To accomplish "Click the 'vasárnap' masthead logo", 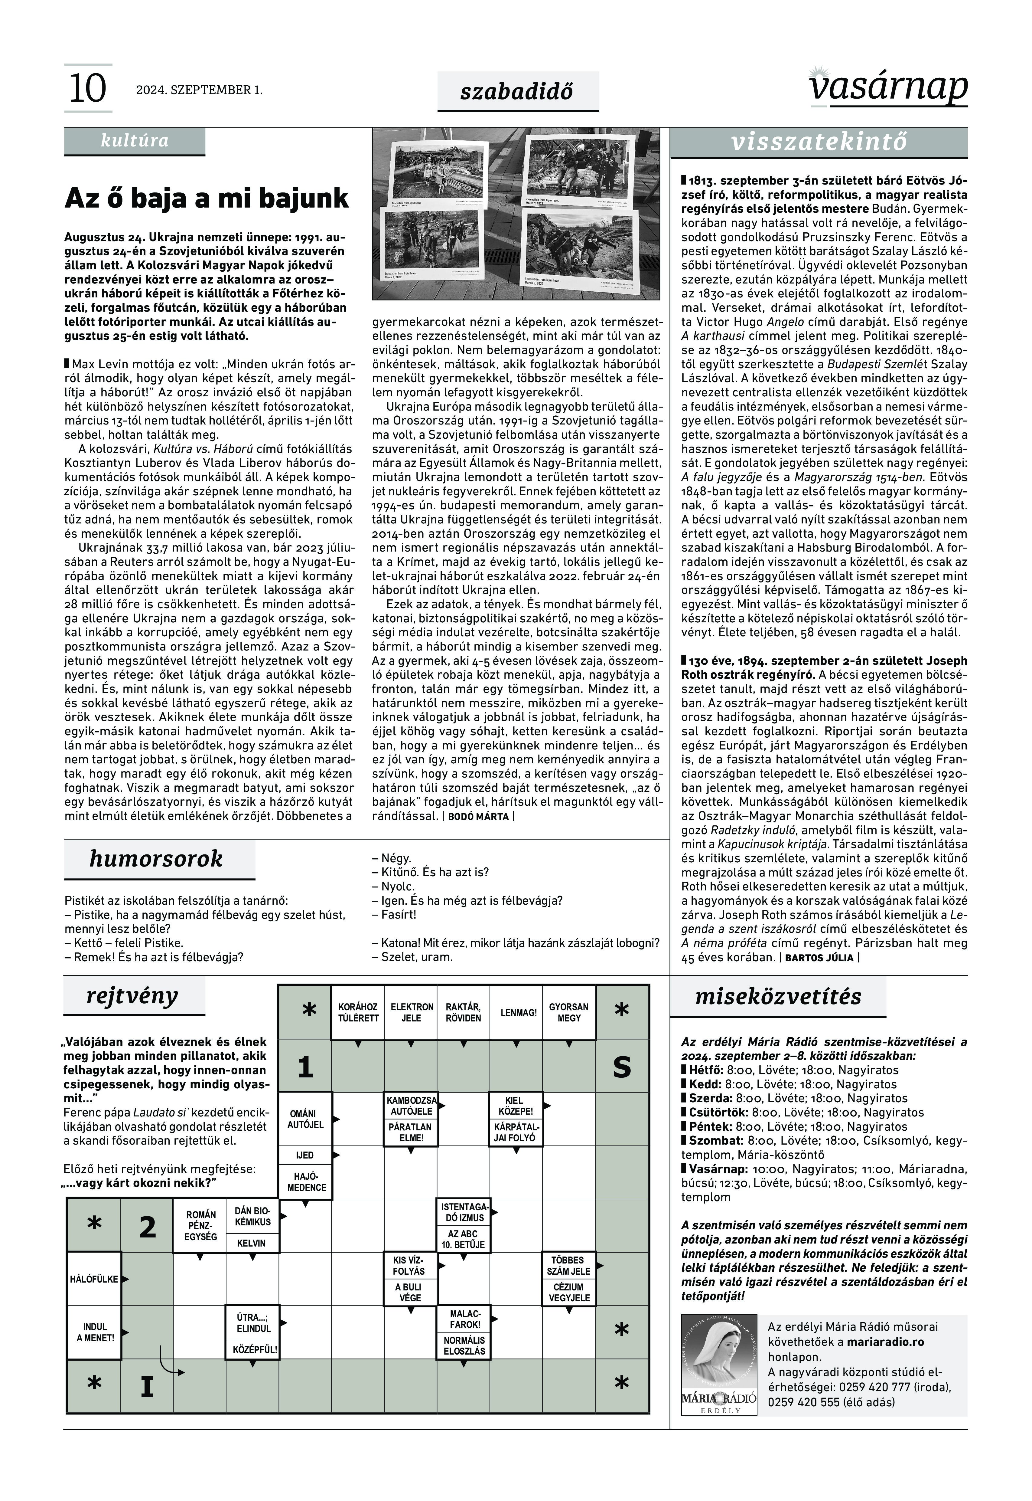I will pos(888,87).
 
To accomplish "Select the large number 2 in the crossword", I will pos(148,1227).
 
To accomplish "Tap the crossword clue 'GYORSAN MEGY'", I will pos(569,1013).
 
